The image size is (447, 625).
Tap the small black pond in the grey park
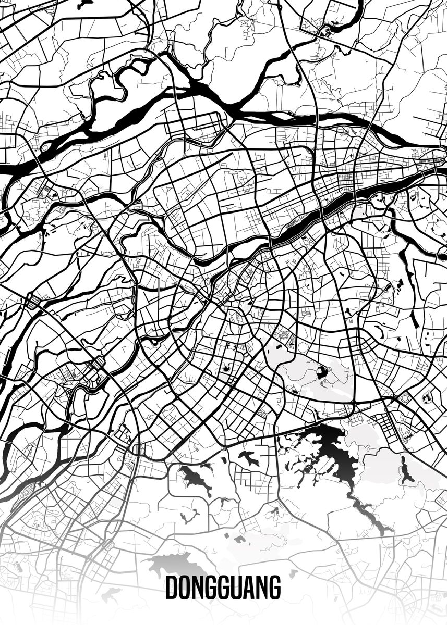click(x=320, y=373)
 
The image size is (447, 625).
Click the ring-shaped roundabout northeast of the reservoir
click(x=405, y=398)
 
